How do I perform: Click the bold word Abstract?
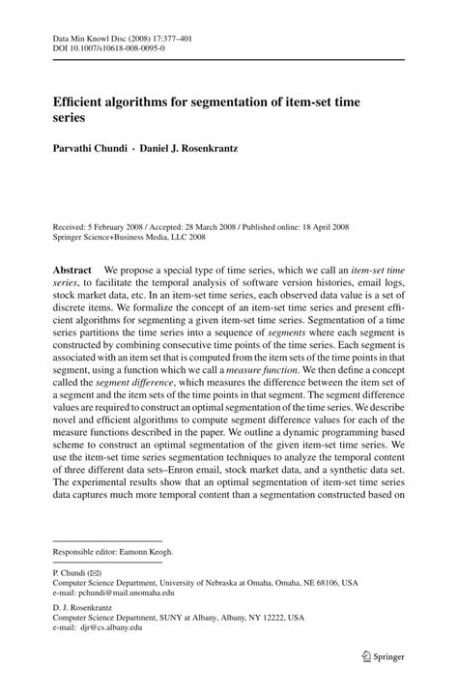[x=72, y=271]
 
